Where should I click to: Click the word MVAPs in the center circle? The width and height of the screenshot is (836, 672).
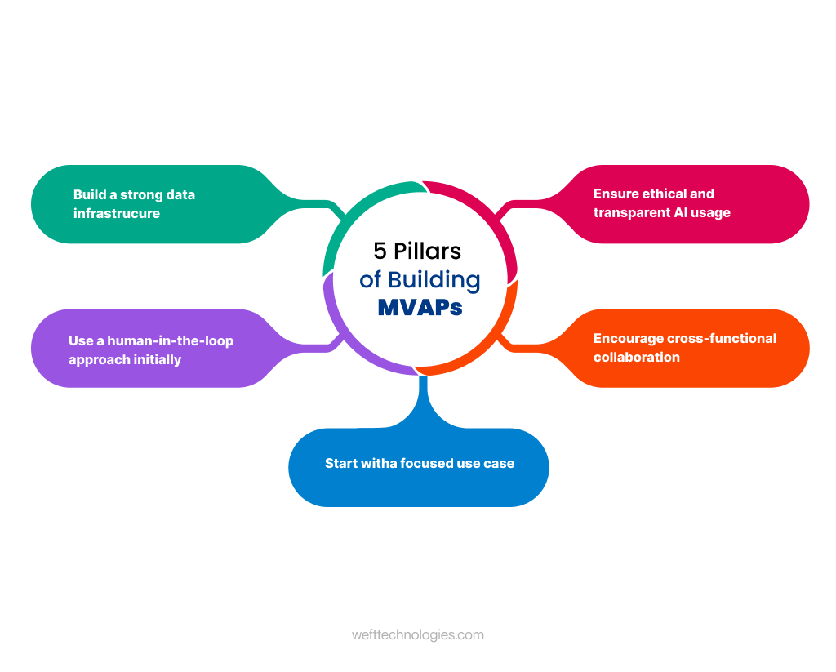pos(420,307)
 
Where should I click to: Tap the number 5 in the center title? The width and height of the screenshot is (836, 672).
pos(380,251)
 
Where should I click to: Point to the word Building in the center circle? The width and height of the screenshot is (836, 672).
pos(434,279)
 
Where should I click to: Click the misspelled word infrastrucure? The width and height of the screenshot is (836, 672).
pos(117,213)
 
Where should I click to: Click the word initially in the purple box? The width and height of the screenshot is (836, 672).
pos(155,359)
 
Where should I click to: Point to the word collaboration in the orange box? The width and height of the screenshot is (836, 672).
pos(637,357)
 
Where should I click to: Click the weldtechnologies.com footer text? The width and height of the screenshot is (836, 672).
pos(418,634)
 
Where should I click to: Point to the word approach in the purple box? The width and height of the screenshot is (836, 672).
pos(95,359)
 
